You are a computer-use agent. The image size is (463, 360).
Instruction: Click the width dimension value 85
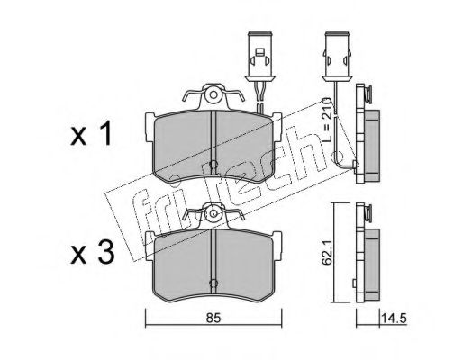coord(213,318)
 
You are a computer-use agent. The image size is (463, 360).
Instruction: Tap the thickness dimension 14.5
coord(394,318)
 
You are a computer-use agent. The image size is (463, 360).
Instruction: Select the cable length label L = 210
coord(327,120)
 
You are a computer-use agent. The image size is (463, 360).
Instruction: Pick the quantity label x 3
coord(93,253)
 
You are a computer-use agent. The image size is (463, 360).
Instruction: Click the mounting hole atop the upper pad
coord(213,95)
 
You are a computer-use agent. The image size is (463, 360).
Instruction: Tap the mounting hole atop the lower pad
coord(213,213)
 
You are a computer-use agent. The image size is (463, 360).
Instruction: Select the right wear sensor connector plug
coord(337,57)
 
